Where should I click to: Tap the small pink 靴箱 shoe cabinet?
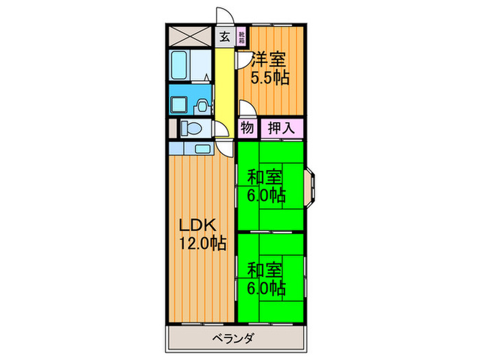(242, 37)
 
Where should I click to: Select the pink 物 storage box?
(247, 128)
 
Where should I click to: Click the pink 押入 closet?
(280, 128)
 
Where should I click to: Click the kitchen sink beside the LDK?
(202, 148)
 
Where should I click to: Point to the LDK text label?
(198, 225)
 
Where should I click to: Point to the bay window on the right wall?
(311, 185)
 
